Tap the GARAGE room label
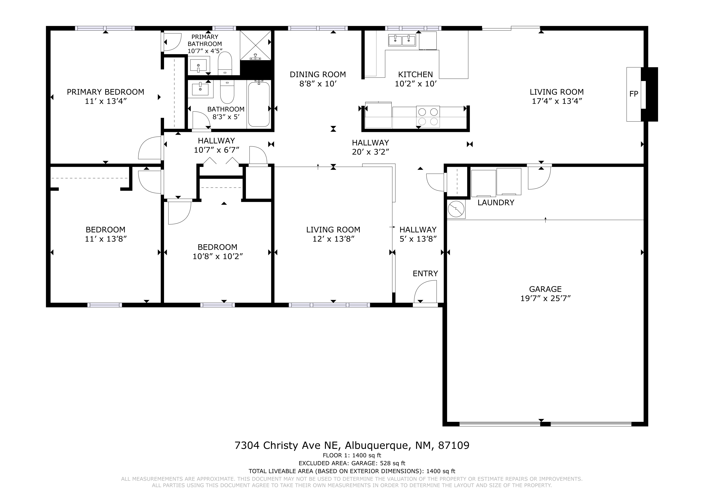pyautogui.click(x=545, y=289)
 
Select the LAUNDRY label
pyautogui.click(x=496, y=202)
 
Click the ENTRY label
pyautogui.click(x=425, y=273)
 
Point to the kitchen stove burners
pyautogui.click(x=428, y=116)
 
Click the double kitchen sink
pyautogui.click(x=402, y=40)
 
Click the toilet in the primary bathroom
pyautogui.click(x=225, y=63)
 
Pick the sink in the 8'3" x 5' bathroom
pyautogui.click(x=200, y=89)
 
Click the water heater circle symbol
pyautogui.click(x=456, y=209)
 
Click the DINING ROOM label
pyautogui.click(x=318, y=75)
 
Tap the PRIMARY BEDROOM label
pyautogui.click(x=105, y=92)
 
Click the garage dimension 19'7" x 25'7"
pyautogui.click(x=545, y=298)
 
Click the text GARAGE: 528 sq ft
pyautogui.click(x=378, y=463)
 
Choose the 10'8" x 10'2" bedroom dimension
pyautogui.click(x=218, y=256)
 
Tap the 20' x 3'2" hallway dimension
pyautogui.click(x=370, y=152)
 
